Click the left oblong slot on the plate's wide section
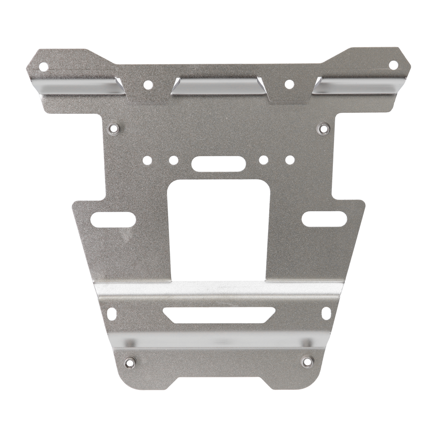(x=114, y=220)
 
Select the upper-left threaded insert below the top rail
(x=114, y=128)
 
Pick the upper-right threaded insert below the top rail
(x=323, y=127)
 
